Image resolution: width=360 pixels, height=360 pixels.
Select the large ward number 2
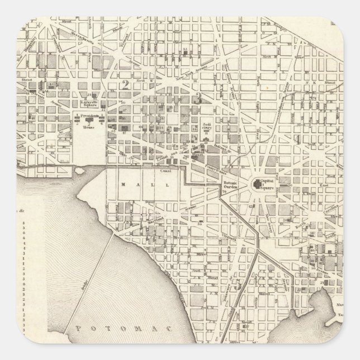point(126,85)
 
